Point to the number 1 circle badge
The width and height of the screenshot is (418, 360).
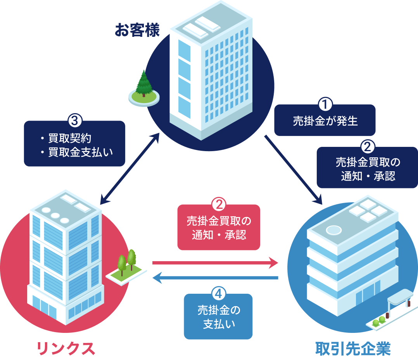click(325, 105)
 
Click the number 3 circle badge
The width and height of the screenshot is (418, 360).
click(74, 121)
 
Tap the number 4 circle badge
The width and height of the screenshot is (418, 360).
click(218, 294)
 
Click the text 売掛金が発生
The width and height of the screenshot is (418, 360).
click(325, 122)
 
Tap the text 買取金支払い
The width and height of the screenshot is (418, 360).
click(80, 152)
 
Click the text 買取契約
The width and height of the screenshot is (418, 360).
click(70, 138)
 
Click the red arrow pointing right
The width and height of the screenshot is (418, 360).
click(215, 263)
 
